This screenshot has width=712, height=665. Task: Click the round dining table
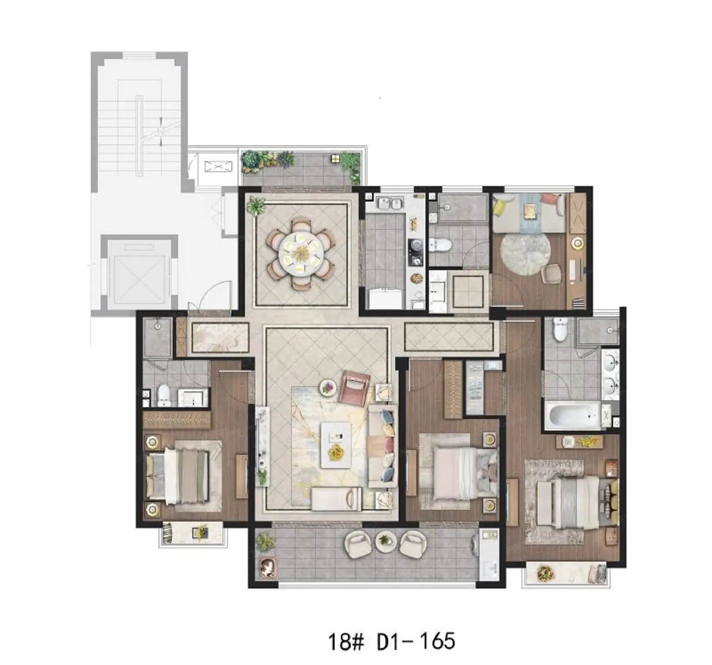(x=301, y=254)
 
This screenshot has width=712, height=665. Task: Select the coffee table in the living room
(x=336, y=446)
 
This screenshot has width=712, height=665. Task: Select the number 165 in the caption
(x=436, y=641)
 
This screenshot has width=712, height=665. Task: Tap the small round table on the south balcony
(x=386, y=541)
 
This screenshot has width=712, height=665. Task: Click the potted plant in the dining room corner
(x=256, y=205)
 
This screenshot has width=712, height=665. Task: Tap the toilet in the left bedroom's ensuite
(x=164, y=395)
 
